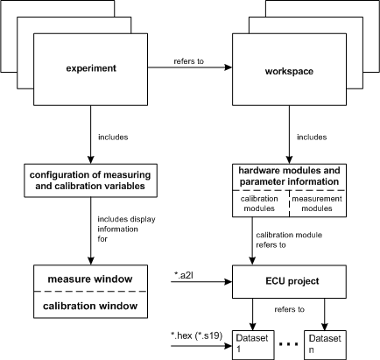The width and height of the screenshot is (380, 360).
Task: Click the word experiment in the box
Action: click(x=91, y=68)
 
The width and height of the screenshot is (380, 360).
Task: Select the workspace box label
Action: click(x=289, y=71)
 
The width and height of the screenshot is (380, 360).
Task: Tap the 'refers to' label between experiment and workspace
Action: click(x=189, y=61)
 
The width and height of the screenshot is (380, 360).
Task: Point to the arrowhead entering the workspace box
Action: click(x=228, y=67)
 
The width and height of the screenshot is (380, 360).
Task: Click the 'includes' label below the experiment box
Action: click(x=113, y=137)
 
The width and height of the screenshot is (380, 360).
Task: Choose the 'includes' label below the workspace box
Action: click(x=312, y=137)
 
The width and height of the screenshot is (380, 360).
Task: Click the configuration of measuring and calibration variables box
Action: click(x=90, y=180)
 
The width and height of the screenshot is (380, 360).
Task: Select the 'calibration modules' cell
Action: click(x=259, y=203)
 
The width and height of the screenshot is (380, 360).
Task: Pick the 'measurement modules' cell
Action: click(x=317, y=203)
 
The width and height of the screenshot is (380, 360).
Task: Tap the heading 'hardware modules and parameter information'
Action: click(x=289, y=176)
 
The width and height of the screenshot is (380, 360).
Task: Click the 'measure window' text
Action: click(x=90, y=279)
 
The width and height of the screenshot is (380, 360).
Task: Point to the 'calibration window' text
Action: click(x=90, y=306)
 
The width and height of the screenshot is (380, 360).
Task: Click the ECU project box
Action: click(x=289, y=281)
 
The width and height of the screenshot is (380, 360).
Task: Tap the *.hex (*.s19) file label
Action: click(x=196, y=336)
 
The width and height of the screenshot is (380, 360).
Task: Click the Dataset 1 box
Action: click(x=253, y=345)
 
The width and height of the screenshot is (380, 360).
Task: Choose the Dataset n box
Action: click(x=325, y=345)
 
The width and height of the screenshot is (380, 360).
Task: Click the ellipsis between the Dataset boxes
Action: click(x=289, y=344)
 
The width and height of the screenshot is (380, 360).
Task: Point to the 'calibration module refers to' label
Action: click(x=289, y=240)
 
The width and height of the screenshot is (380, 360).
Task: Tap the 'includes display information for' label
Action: click(x=126, y=229)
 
